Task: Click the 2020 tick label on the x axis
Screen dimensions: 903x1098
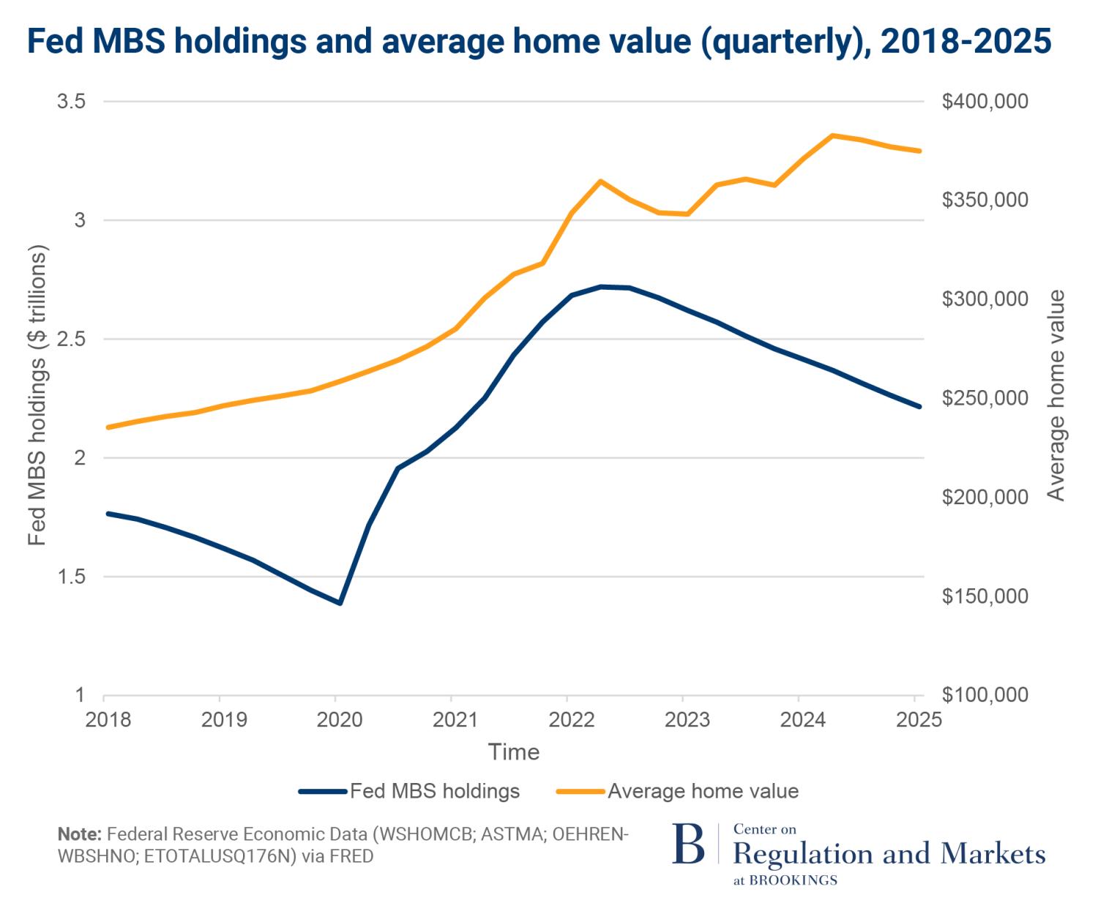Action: coord(339,720)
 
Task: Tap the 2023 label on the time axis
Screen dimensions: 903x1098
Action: coord(687,720)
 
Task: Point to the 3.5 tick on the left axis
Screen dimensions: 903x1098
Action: coord(71,101)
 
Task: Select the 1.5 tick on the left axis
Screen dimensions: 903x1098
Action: coord(71,577)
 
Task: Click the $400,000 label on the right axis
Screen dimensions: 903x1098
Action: coord(985,101)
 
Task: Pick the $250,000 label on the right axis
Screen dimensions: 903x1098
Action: coord(985,398)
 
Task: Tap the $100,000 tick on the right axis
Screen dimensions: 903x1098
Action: coord(985,695)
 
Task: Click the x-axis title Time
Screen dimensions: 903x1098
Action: coord(513,752)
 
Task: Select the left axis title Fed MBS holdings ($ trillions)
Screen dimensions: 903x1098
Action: coord(37,394)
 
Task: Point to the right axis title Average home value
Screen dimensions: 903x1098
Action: coord(1056,395)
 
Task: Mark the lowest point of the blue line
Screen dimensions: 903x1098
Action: coord(340,603)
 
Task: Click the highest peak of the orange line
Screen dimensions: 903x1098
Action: coord(832,135)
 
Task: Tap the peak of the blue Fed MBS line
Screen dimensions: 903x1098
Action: coord(601,287)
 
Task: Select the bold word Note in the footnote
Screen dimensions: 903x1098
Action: coord(79,834)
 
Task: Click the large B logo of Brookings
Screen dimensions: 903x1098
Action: coord(688,844)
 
